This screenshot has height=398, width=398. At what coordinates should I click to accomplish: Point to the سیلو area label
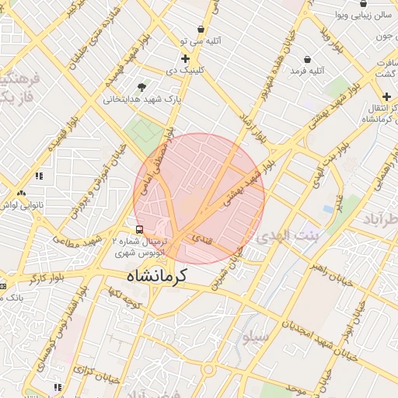pyautogui.click(x=256, y=337)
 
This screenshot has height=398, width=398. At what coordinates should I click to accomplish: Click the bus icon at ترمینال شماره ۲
pyautogui.click(x=139, y=229)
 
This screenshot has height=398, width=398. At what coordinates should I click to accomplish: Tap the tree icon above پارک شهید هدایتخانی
pyautogui.click(x=141, y=87)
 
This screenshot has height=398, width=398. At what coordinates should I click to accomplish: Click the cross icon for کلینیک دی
pyautogui.click(x=185, y=58)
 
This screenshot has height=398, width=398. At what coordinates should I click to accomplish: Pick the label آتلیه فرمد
pyautogui.click(x=305, y=71)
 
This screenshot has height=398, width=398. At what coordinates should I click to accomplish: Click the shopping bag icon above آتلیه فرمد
pyautogui.click(x=308, y=59)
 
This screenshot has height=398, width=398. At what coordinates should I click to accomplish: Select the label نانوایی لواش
pyautogui.click(x=21, y=204)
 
